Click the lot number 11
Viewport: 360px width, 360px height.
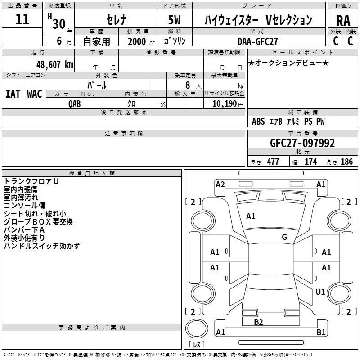point(22,19)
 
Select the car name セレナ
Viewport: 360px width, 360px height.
point(116,20)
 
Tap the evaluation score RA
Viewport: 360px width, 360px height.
point(343,21)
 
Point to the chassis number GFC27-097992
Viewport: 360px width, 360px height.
point(302,143)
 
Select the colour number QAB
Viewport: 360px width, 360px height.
point(75,103)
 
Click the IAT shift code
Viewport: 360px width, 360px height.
point(13,94)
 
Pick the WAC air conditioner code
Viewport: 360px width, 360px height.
point(34,94)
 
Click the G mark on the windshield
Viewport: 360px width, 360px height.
point(284,237)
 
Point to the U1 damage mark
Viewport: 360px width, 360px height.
point(320,292)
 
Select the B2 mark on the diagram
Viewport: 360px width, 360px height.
point(258,322)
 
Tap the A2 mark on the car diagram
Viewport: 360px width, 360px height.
point(220,184)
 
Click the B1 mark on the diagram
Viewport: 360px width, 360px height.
point(321,333)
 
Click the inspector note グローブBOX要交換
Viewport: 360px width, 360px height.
point(38,222)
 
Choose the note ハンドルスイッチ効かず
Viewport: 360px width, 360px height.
point(42,246)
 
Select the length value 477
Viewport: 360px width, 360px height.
point(273,162)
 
